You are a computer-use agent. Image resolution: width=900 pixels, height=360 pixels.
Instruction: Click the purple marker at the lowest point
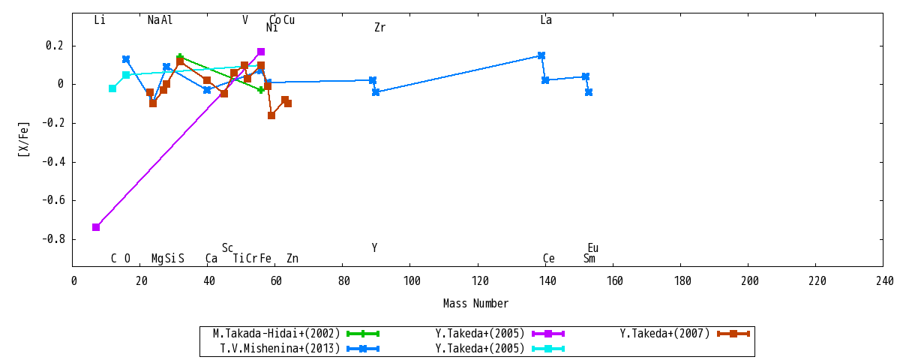click(96, 227)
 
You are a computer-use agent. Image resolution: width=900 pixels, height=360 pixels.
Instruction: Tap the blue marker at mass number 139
click(541, 55)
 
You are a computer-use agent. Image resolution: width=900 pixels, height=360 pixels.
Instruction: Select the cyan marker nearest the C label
click(112, 88)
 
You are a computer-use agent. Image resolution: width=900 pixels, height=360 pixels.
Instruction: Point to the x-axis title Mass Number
click(475, 303)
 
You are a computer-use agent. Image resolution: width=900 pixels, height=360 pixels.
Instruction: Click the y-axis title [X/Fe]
click(24, 139)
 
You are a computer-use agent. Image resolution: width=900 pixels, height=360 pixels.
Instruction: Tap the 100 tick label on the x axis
click(412, 280)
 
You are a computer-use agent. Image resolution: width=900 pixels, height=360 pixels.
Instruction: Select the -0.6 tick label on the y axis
click(53, 200)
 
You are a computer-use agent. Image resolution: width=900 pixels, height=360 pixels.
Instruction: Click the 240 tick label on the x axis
click(885, 280)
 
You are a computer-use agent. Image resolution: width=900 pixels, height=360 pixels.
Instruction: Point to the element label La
click(546, 20)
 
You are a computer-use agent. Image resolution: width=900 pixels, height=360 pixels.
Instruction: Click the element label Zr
click(380, 27)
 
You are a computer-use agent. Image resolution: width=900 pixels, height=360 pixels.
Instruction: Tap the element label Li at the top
click(100, 20)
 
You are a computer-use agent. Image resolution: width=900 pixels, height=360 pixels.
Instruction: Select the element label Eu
click(593, 248)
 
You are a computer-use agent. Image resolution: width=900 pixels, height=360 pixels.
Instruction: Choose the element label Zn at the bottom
click(292, 258)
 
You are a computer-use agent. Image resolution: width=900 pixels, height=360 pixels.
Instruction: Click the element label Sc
click(227, 248)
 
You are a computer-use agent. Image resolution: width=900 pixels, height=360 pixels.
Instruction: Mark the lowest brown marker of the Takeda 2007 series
click(271, 115)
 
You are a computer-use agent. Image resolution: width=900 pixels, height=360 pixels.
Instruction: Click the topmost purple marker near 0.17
click(261, 52)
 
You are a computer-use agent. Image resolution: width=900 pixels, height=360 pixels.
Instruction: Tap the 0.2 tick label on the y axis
click(55, 46)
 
